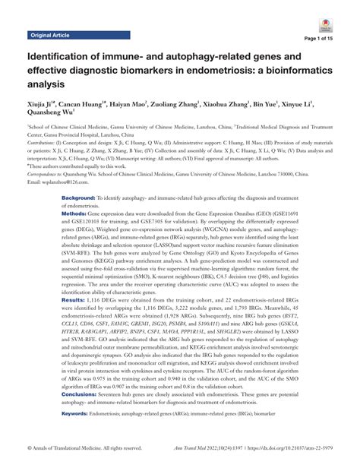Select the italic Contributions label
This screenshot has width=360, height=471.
44,141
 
